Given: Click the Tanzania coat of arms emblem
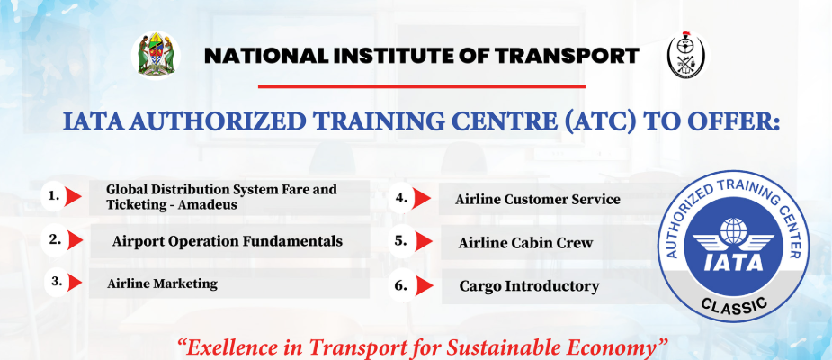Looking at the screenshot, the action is click(156, 55).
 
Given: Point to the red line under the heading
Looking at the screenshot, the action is click(421, 86).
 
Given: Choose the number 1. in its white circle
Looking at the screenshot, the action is click(53, 196).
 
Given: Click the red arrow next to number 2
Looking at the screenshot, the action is click(76, 240).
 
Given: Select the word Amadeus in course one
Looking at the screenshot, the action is click(208, 204).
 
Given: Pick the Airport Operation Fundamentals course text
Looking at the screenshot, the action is click(227, 241).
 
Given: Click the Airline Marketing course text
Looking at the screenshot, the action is click(162, 283).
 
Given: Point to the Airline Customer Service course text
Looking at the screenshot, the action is click(538, 199).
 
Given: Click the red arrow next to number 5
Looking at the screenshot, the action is click(424, 241).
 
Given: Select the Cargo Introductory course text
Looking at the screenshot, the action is click(529, 286).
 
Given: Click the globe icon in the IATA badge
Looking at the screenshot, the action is click(733, 230).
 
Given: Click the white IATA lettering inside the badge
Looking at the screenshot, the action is click(733, 261).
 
